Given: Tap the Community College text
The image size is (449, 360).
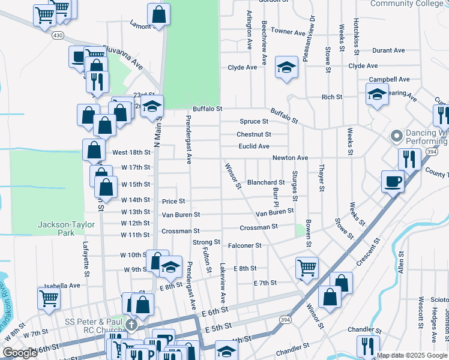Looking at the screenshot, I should pyautogui.click(x=411, y=4).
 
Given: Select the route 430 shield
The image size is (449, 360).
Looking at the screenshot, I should pyautogui.click(x=58, y=36).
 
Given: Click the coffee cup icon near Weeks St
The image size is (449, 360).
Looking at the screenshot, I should pyautogui.click(x=393, y=181).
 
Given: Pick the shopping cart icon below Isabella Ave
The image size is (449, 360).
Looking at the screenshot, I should pyautogui.click(x=49, y=298).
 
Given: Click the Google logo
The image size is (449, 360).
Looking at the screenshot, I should pyautogui.click(x=20, y=353).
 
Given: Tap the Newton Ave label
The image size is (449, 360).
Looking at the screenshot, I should pyautogui.click(x=290, y=158).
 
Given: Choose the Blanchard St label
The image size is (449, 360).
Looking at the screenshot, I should pyautogui.click(x=265, y=182).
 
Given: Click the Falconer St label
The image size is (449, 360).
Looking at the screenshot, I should pyautogui.click(x=244, y=245).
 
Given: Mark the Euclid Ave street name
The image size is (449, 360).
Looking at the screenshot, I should pyautogui.click(x=253, y=146).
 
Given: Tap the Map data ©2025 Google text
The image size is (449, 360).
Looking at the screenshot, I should pyautogui.click(x=412, y=355).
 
